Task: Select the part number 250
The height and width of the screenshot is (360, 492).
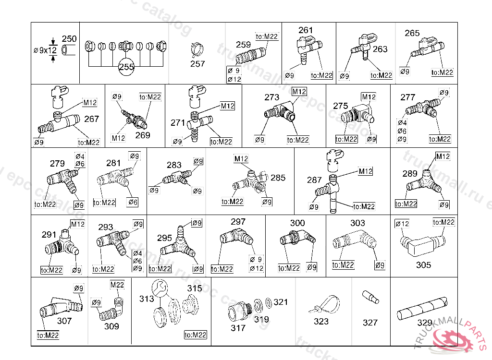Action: point(70,39)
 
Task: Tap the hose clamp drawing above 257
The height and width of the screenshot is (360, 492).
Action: point(197,48)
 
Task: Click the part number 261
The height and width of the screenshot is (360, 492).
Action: point(306,30)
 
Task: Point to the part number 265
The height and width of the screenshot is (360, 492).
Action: point(412,33)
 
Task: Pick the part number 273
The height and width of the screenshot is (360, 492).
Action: point(272,97)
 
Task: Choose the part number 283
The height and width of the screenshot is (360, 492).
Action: point(174,165)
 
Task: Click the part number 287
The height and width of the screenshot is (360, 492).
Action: point(314,180)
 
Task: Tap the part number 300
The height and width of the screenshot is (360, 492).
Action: point(297,223)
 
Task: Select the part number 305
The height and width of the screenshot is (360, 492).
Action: point(423,265)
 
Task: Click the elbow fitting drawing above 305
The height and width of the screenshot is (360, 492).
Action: point(421,243)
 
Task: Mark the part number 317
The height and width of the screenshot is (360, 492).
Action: point(238,328)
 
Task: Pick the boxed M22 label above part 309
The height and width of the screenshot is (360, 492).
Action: point(117,285)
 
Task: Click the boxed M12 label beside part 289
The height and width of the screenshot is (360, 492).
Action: point(442,156)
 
